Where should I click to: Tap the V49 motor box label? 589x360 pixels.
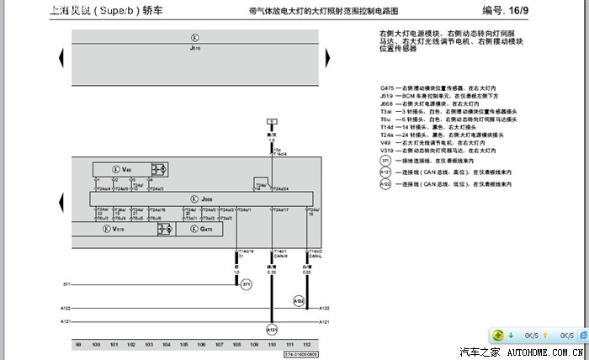126,170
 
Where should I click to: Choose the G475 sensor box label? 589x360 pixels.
207,229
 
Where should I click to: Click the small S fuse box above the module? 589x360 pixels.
271,122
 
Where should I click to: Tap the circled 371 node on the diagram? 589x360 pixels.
247,286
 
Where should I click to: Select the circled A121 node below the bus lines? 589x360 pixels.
271,329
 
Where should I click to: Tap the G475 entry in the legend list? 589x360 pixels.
387,87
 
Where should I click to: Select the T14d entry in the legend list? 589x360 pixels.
387,126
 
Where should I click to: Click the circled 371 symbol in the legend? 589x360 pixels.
385,160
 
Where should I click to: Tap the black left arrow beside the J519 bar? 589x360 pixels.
61,56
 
